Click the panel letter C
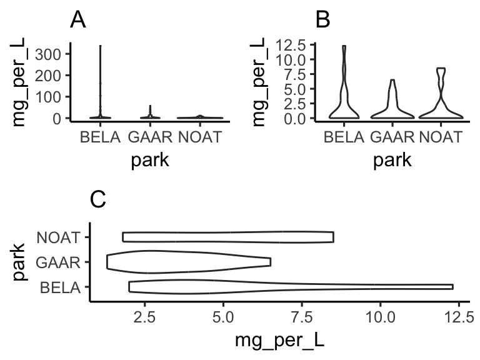(x=99, y=199)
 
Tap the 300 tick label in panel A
(x=48, y=54)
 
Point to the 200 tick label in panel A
(x=48, y=75)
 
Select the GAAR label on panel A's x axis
(x=147, y=136)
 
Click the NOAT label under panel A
(x=200, y=136)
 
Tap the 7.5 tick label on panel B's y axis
(x=294, y=74)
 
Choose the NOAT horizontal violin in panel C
(x=228, y=237)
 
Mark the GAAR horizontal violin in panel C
(x=187, y=262)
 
